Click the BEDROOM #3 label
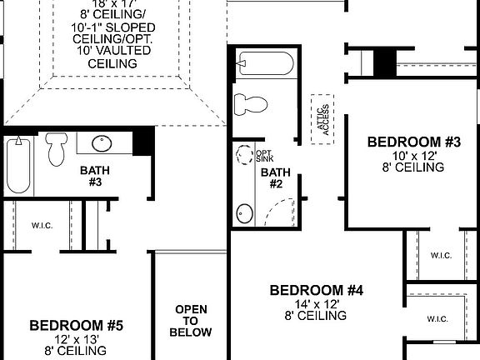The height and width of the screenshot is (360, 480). coord(414,142)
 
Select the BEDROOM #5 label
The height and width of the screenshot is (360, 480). coord(77,325)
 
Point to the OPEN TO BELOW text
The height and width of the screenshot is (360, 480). coord(191,321)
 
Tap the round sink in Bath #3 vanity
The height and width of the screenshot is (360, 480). coord(102,144)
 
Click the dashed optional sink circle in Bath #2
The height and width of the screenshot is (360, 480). coord(244,157)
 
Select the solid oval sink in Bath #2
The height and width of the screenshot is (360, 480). coord(245,213)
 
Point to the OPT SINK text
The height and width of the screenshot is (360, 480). coord(264,157)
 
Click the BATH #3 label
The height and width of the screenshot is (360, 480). coord(92,176)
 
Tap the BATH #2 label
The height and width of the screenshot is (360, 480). coord(273,178)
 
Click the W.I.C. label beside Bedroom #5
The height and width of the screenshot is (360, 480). coord(42,224)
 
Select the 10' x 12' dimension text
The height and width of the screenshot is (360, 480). coord(414,156)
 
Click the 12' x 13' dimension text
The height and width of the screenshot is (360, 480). coord(77,339)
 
